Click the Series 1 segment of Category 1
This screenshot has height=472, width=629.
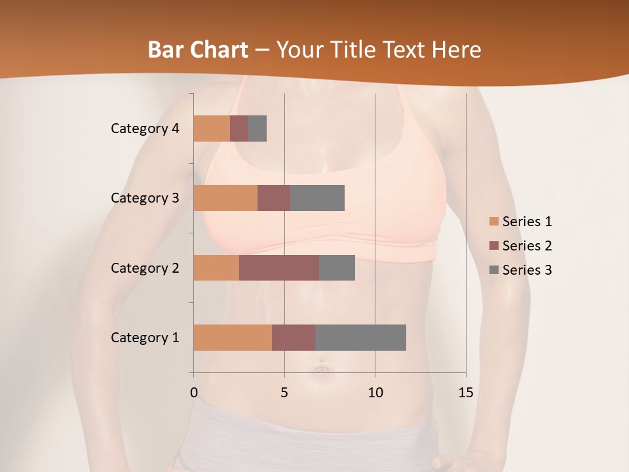233,338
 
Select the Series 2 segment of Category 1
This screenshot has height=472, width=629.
294,338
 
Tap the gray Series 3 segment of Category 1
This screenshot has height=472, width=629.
360,338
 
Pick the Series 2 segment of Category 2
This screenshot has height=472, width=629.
279,267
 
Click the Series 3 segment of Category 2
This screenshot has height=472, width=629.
337,267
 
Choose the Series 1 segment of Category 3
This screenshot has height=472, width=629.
225,198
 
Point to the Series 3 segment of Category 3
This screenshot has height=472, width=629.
317,198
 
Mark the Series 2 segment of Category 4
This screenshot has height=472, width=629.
239,128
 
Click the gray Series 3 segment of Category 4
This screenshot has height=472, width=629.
257,128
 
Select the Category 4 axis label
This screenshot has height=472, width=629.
145,128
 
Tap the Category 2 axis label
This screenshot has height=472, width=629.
145,267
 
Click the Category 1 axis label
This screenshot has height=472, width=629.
145,338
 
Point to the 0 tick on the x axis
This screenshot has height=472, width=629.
194,393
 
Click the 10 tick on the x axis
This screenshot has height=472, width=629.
375,393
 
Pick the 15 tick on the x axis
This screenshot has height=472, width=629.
465,393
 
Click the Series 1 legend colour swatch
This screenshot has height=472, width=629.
493,222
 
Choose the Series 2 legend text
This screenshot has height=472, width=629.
527,246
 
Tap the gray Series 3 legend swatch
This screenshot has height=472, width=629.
493,270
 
